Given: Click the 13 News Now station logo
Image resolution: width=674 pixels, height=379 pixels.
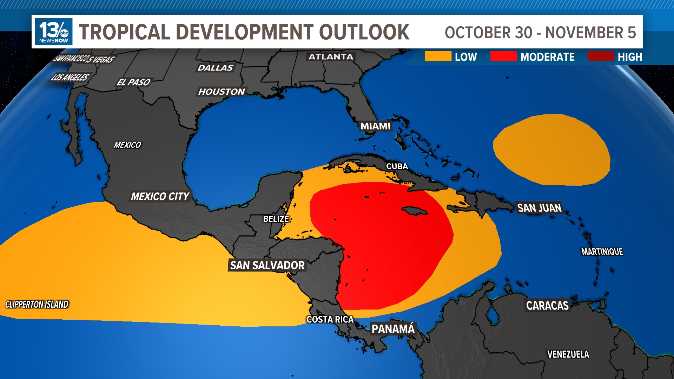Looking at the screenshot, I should [54, 32].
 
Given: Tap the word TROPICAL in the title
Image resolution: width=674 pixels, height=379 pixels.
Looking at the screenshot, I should [125, 32].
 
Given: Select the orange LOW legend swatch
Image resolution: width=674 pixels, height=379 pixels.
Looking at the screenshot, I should [438, 56].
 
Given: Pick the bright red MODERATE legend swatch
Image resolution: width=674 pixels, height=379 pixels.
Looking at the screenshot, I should [503, 56].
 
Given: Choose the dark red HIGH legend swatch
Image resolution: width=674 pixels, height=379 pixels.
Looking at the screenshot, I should [601, 56].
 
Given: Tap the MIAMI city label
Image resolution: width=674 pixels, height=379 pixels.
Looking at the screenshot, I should [375, 126].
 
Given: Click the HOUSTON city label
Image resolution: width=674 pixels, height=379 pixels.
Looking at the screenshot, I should [222, 92].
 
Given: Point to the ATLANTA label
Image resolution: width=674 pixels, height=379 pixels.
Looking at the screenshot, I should [331, 57].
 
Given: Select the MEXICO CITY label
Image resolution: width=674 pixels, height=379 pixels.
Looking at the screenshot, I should [160, 197].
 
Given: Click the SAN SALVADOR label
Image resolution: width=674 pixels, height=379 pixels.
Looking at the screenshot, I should [267, 265].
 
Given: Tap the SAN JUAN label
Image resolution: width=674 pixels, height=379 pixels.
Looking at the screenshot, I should [539, 208].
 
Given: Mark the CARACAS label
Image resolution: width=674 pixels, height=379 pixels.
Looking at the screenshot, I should [547, 306].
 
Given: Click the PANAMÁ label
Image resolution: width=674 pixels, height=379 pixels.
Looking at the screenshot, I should [393, 329].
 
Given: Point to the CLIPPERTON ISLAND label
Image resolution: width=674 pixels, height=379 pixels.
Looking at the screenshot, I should [37, 305].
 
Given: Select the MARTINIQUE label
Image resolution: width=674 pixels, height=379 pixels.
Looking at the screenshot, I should [602, 252].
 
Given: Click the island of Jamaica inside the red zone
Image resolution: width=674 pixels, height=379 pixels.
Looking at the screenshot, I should [414, 211].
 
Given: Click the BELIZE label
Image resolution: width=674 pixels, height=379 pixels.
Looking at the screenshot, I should [276, 219].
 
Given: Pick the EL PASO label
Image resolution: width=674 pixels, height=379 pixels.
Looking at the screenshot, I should [133, 82].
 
